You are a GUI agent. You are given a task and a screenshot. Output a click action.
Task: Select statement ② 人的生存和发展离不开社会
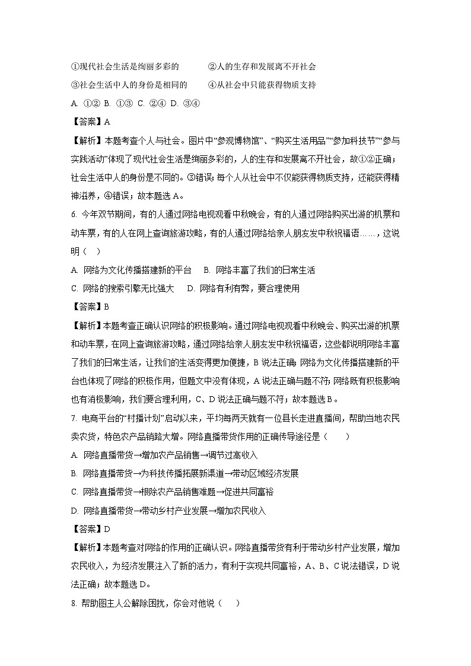click(x=262, y=66)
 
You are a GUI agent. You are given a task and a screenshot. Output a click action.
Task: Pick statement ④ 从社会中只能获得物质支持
click(x=262, y=84)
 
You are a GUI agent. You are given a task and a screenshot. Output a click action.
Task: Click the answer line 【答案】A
click(x=90, y=122)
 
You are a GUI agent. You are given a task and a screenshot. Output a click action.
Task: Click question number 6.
click(x=73, y=214)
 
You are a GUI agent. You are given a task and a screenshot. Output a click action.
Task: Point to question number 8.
click(x=73, y=604)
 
